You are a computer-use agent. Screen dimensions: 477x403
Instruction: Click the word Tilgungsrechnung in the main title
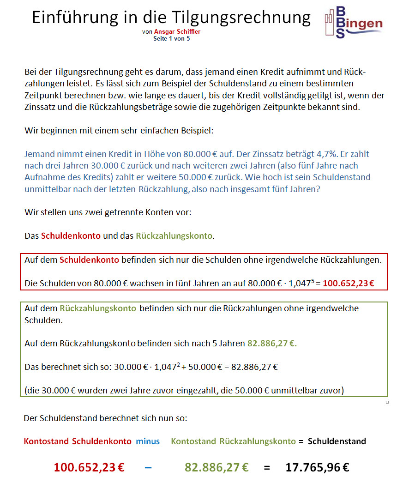[241, 18]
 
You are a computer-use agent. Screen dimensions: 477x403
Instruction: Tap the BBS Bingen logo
[353, 22]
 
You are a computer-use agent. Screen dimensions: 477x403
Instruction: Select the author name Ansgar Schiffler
[177, 32]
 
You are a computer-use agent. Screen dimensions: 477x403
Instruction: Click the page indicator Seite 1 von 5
[171, 39]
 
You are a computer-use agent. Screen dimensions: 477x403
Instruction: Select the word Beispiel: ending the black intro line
[195, 131]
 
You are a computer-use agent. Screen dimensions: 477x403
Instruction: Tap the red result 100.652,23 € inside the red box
[348, 283]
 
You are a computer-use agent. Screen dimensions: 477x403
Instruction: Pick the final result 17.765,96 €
[317, 467]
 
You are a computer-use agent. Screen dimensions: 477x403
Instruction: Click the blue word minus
[148, 441]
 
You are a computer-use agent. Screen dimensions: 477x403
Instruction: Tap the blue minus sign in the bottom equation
[148, 467]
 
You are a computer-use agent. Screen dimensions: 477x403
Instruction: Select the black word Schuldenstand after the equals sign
[337, 441]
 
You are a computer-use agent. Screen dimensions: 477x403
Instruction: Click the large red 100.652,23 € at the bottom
[89, 467]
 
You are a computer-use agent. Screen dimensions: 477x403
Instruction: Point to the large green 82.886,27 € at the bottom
[217, 467]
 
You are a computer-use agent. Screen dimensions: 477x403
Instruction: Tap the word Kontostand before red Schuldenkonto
[46, 441]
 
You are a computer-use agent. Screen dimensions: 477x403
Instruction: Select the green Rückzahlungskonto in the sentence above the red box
[174, 236]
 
